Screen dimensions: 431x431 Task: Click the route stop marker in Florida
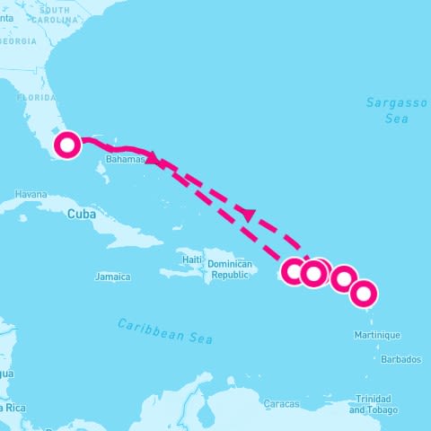pos(67,144)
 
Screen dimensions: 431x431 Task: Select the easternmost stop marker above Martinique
pos(364,293)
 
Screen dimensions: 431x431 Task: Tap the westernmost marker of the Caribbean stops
pos(295,270)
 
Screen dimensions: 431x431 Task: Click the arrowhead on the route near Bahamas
pos(153,159)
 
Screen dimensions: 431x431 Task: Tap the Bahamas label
pos(125,159)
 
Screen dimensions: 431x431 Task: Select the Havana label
pos(30,194)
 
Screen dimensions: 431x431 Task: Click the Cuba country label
pos(81,214)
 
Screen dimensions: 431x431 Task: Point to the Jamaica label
pos(112,277)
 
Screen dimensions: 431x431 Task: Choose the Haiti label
pos(192,259)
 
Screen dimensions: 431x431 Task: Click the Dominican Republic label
pos(228,269)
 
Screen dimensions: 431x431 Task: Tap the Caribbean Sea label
pos(165,330)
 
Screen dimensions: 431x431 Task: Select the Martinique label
pos(378,335)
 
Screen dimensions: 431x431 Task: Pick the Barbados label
pos(400,359)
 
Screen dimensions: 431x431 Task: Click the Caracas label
pos(281,404)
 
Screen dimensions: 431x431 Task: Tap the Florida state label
pos(37,96)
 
